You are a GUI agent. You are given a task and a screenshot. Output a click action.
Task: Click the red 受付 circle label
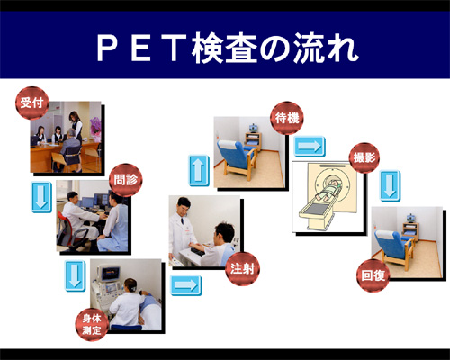click(x=32, y=103)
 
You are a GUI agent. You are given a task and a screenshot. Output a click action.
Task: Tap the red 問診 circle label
click(x=126, y=180)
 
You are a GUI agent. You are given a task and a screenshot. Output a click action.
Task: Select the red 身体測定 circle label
click(x=92, y=324)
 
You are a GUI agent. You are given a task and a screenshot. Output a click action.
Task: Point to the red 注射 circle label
click(x=242, y=269)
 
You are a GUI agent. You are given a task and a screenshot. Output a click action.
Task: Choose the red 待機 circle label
click(x=287, y=118)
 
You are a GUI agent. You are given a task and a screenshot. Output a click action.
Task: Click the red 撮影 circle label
click(x=364, y=157)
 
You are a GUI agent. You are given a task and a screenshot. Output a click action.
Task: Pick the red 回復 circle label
click(x=373, y=275)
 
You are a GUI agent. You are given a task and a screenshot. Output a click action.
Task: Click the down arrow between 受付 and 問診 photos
click(x=41, y=197)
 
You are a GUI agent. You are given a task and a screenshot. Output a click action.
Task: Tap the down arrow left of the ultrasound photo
click(x=75, y=275)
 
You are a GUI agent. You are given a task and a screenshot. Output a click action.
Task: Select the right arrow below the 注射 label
click(x=186, y=285)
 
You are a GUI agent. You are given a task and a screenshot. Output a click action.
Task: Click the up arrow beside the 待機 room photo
click(x=199, y=170)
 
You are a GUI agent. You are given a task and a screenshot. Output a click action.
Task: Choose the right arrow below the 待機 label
click(x=310, y=147)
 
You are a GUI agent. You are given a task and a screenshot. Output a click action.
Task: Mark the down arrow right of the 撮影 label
click(x=390, y=185)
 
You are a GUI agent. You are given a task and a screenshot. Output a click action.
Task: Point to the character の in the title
click(x=274, y=49)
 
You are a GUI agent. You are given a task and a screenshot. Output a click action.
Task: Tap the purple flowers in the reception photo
click(x=96, y=125)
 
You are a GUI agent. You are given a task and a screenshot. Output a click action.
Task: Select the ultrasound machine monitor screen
click(x=111, y=274)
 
